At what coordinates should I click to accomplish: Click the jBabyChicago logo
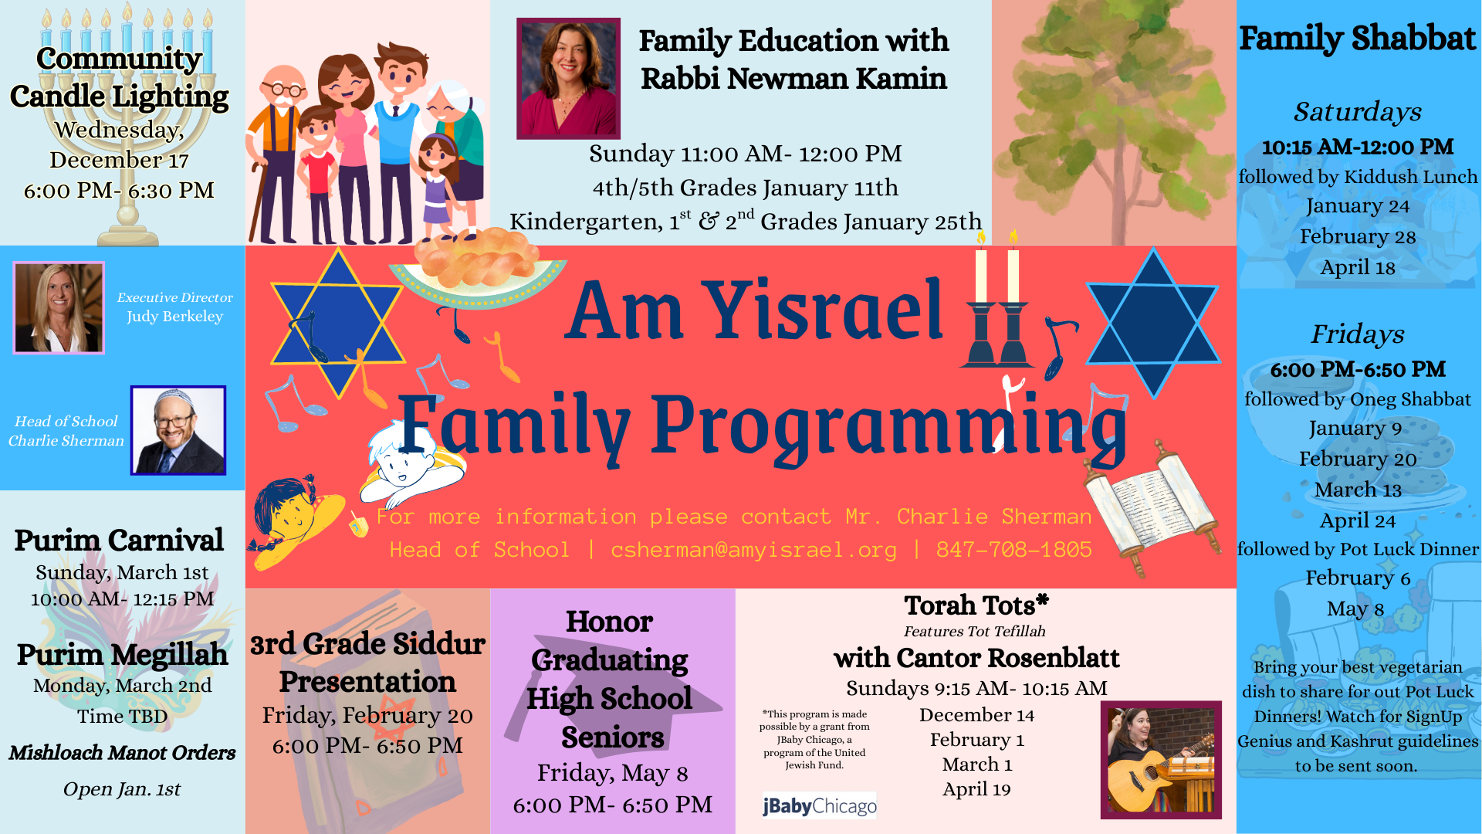(819, 805)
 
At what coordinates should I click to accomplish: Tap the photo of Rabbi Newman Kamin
(568, 78)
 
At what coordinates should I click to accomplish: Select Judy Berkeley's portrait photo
(59, 307)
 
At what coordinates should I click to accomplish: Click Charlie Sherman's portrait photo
(178, 430)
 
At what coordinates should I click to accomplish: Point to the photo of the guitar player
(1161, 760)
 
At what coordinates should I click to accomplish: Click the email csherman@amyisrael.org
(753, 550)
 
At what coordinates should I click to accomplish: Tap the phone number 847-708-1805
(1014, 550)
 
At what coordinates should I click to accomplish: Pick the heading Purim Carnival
(119, 540)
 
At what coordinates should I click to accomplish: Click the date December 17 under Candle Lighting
(120, 160)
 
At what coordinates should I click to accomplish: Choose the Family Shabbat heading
(1358, 38)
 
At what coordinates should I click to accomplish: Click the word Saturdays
(1358, 112)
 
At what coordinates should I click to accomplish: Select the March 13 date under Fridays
(1358, 490)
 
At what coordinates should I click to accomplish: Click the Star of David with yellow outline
(337, 323)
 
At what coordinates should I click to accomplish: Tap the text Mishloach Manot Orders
(122, 753)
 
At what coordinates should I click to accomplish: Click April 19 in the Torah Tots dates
(976, 789)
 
